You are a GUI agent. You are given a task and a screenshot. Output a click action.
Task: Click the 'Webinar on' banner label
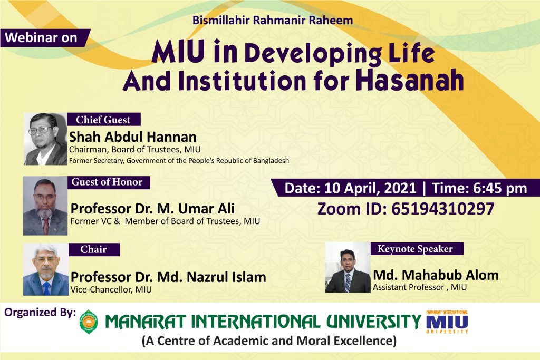point(41,38)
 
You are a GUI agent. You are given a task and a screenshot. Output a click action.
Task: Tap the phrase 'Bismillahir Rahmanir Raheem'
point(273,22)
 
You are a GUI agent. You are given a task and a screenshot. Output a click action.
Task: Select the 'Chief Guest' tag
point(104,120)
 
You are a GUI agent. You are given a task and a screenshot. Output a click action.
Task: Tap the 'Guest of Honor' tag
point(108,182)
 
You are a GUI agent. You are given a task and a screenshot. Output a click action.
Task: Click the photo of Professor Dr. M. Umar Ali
point(45,206)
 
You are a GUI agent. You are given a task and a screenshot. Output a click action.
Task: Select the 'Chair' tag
point(93,249)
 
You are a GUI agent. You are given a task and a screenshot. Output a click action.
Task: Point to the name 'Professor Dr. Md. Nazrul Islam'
point(168,277)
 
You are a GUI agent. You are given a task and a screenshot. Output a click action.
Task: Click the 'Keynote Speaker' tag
point(415,249)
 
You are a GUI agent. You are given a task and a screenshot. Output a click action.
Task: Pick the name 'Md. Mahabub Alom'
point(436,275)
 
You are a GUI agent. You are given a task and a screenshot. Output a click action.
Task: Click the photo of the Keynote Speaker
point(348,268)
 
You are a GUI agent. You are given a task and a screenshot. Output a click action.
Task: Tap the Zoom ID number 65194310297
point(442,209)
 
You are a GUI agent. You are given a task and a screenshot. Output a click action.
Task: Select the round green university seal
point(89,322)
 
